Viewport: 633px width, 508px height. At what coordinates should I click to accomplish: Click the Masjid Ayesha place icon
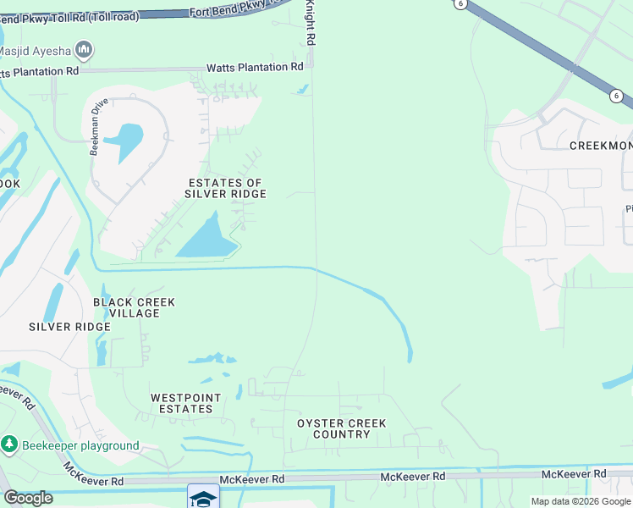pos(84,51)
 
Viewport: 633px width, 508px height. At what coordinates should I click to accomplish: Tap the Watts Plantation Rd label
pos(255,68)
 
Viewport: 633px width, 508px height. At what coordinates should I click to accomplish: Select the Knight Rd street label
pos(311,23)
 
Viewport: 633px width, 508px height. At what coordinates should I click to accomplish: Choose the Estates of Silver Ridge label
pos(225,188)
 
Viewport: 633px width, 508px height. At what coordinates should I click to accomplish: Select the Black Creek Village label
pos(134,307)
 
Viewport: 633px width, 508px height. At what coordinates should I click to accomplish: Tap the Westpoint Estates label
pos(185,403)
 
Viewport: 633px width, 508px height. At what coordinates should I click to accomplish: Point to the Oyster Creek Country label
pos(341,428)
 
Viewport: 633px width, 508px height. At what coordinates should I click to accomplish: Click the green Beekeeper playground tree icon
pos(9,444)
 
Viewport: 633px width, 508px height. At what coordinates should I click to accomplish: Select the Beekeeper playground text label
pos(80,445)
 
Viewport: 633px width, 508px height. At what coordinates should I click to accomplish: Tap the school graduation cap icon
pos(203,498)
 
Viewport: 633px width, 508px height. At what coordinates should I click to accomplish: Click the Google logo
pos(28,498)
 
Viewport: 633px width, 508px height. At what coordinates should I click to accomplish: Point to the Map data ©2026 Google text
pos(581,501)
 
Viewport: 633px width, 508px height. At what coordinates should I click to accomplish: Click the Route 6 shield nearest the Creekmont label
pos(616,97)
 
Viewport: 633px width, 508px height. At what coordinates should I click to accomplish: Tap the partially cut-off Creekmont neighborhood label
pos(600,146)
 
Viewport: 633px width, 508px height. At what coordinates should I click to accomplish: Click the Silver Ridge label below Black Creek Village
pos(69,327)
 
